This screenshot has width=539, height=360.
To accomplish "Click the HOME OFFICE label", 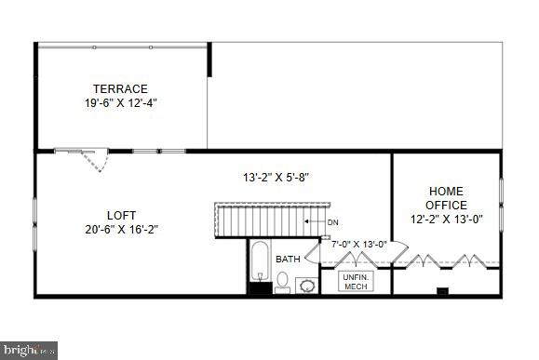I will [445, 198].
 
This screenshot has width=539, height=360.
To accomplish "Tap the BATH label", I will [287, 259].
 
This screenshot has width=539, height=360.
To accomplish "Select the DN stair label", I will [332, 221].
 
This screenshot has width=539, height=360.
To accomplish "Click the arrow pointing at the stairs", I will [314, 221].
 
